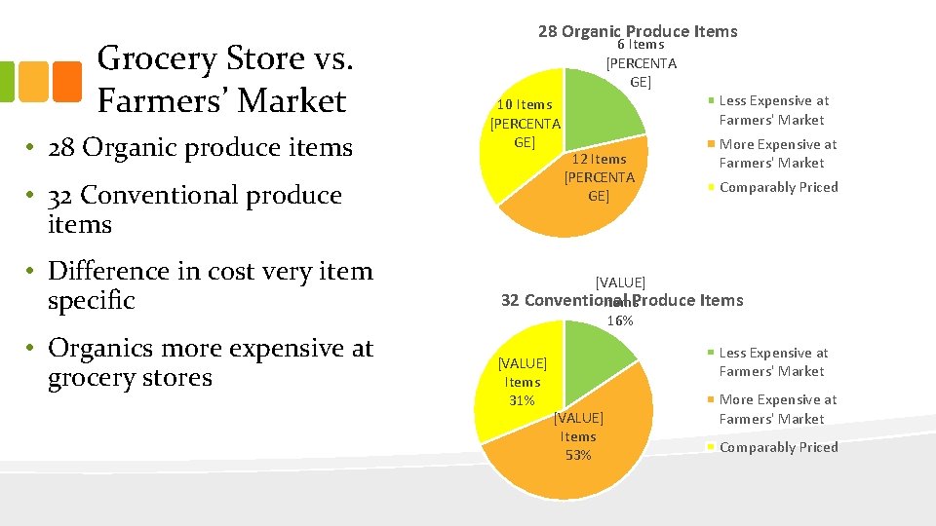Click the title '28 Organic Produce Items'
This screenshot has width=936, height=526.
pyautogui.click(x=638, y=31)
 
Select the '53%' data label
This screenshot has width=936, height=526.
pyautogui.click(x=578, y=455)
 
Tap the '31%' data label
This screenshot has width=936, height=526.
pyautogui.click(x=523, y=400)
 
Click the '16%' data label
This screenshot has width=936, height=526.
pyautogui.click(x=620, y=319)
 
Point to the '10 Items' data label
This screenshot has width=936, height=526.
pyautogui.click(x=525, y=104)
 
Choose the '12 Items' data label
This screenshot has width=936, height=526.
pyautogui.click(x=599, y=159)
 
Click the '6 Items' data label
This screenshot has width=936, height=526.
pyautogui.click(x=641, y=45)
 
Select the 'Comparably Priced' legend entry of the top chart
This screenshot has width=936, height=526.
pyautogui.click(x=778, y=187)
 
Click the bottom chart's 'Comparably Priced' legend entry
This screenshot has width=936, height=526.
pyautogui.click(x=778, y=447)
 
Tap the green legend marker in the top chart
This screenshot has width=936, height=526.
pyautogui.click(x=713, y=100)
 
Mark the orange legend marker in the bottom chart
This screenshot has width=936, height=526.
pyautogui.click(x=713, y=399)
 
